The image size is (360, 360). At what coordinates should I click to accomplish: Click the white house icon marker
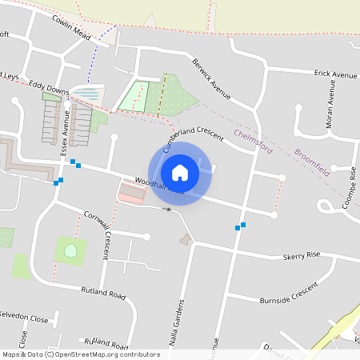pyautogui.click(x=180, y=173)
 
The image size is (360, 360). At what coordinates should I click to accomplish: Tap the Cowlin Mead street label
pyautogui.click(x=73, y=30)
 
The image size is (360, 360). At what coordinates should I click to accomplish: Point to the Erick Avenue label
pyautogui.click(x=335, y=74)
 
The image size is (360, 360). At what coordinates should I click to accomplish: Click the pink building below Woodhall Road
pyautogui.click(x=132, y=193)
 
